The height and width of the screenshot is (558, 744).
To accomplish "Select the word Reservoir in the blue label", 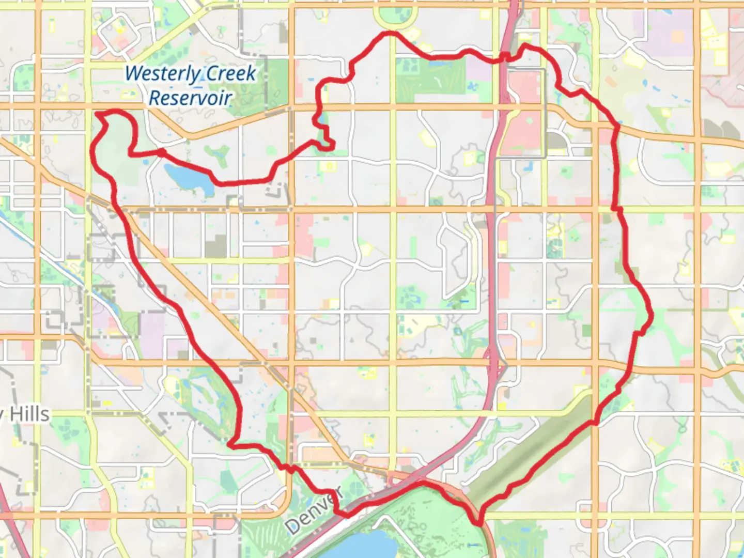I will click(x=190, y=98).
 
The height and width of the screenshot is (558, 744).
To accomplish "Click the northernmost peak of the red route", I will click(x=389, y=34).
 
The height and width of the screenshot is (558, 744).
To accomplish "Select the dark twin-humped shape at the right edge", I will click(x=720, y=129).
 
